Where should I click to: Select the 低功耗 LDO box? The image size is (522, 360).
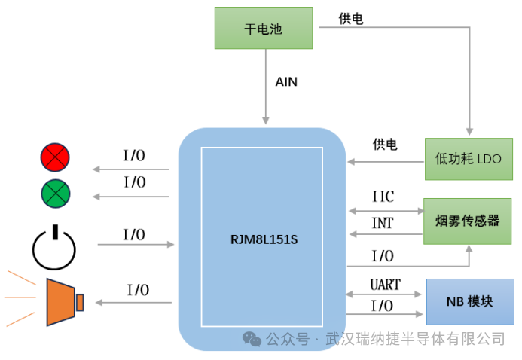[x=468, y=159]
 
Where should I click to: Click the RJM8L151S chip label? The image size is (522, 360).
[x=261, y=241]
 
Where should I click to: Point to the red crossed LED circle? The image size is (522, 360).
[x=55, y=157]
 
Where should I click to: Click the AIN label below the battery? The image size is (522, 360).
[x=286, y=82]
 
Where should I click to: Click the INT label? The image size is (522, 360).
[x=383, y=224]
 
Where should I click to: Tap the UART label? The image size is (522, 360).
[x=384, y=285]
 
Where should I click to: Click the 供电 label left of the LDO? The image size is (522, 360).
[x=385, y=145]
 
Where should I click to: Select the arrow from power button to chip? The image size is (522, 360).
[x=136, y=245]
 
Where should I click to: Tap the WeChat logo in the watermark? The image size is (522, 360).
[x=252, y=340]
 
